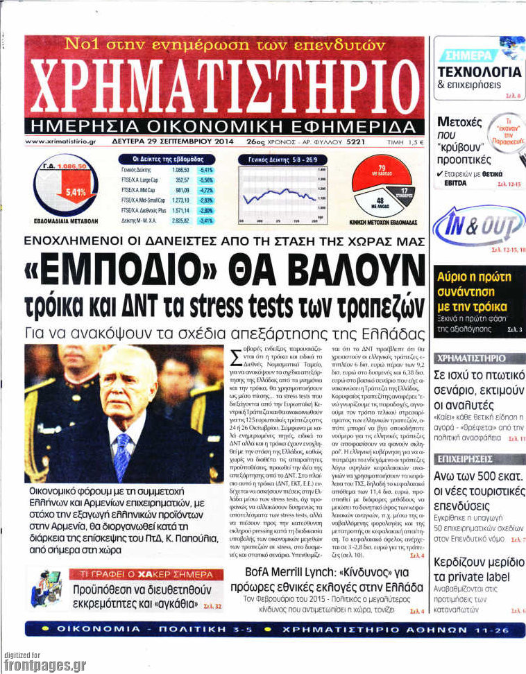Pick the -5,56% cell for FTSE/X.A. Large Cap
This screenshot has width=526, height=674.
[x=205, y=180]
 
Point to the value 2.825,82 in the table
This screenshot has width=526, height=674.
[x=181, y=221]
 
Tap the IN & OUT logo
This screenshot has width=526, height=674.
[x=479, y=228]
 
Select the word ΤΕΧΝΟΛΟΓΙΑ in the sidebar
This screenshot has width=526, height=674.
[x=480, y=71]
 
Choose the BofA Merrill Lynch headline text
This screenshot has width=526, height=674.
[x=333, y=579]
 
